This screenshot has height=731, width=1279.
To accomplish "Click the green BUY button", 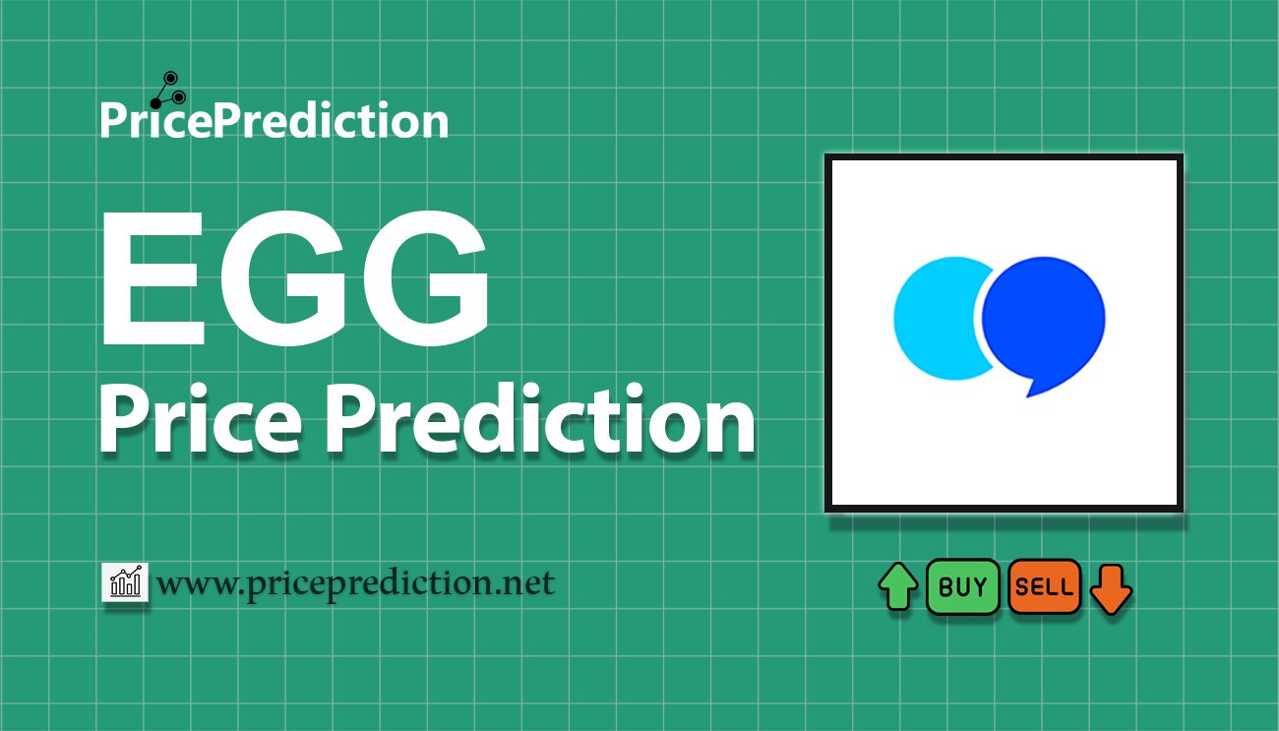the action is click(x=962, y=586).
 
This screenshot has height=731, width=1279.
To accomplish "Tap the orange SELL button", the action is click(x=1045, y=586).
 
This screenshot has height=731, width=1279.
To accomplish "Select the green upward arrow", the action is click(x=898, y=586).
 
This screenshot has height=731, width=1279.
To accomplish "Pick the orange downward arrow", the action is click(x=1111, y=590).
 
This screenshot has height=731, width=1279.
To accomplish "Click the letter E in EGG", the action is click(x=153, y=278).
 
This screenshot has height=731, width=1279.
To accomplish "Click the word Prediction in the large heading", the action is click(x=540, y=418).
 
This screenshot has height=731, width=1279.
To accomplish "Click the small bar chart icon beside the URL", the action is click(x=125, y=581).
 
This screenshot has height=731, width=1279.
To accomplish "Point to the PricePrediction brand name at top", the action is click(x=274, y=120).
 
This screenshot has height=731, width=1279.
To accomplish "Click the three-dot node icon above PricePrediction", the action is click(x=168, y=91).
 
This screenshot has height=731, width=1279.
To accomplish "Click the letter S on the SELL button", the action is click(x=1022, y=587).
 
